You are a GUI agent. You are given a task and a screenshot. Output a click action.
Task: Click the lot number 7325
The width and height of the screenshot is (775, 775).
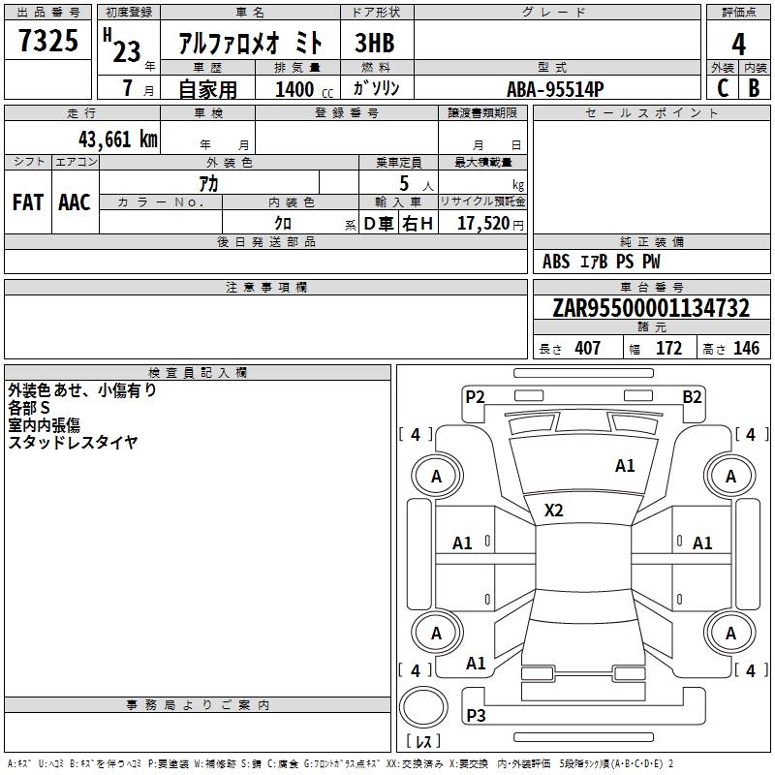click(48, 40)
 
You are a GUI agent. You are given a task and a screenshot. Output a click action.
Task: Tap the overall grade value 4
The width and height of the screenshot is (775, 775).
click(738, 44)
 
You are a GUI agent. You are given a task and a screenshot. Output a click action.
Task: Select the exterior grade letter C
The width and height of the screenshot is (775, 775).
click(722, 88)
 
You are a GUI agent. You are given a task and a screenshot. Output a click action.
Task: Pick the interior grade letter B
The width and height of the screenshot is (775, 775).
click(754, 88)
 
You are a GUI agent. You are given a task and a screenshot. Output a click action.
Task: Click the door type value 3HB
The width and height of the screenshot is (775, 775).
click(375, 43)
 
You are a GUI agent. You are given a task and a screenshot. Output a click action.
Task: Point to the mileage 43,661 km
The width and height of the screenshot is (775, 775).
click(118, 139)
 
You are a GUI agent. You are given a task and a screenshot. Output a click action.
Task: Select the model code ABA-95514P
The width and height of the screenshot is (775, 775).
click(555, 89)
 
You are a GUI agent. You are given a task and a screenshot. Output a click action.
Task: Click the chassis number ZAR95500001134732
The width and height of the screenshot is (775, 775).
click(651, 307)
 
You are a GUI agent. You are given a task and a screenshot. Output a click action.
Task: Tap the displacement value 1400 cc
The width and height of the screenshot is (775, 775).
click(304, 89)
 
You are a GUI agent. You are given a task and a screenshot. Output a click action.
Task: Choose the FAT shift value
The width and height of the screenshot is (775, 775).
click(28, 202)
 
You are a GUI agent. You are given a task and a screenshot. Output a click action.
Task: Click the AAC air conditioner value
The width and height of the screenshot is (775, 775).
click(75, 202)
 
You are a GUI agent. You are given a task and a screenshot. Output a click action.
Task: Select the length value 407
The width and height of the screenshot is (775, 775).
click(587, 348)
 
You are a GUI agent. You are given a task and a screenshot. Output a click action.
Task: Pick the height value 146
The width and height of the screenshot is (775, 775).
click(746, 348)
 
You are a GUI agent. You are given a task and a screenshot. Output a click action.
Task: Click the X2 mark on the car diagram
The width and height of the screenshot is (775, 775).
click(553, 510)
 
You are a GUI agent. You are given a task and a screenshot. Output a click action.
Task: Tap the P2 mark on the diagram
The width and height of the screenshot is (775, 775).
click(475, 396)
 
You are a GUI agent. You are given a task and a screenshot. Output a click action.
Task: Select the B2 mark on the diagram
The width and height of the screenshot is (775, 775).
click(692, 397)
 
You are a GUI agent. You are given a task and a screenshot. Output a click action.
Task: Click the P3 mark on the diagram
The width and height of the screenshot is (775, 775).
click(476, 715)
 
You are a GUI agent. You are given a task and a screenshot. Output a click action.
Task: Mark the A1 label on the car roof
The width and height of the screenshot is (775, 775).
click(625, 466)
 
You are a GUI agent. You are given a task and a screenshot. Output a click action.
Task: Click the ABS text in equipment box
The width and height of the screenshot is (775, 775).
click(556, 262)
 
